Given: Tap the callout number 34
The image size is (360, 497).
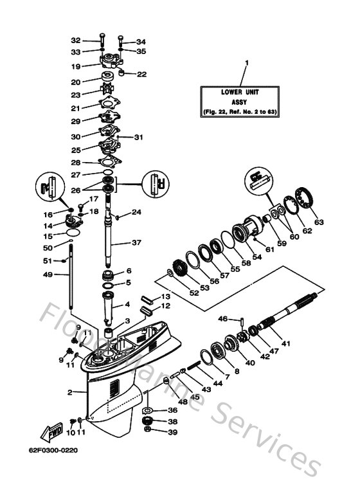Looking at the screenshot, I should pos(141,42).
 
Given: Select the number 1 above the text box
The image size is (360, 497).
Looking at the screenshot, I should pos(245,63).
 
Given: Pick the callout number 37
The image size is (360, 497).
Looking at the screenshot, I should pos(135,243).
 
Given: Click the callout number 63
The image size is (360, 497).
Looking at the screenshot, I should pos(319,222).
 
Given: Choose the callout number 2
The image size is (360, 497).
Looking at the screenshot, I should pos(70,392).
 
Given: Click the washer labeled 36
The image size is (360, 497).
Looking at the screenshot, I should pos(147,410).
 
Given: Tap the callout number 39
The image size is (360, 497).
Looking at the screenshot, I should pos(154,433).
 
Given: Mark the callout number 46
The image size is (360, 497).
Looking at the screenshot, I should pos(222,318).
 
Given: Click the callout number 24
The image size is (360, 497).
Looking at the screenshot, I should pos(136,212).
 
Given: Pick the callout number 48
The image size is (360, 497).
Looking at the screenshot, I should pos(165,402).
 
